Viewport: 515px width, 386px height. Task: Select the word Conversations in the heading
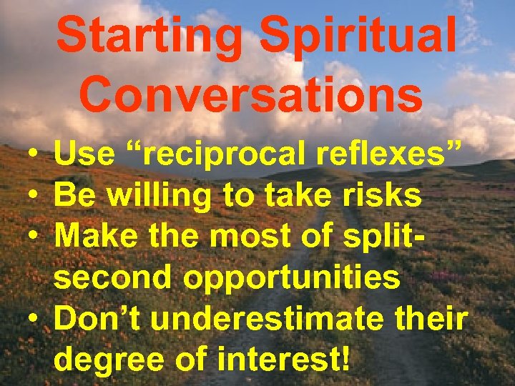[250, 96]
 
